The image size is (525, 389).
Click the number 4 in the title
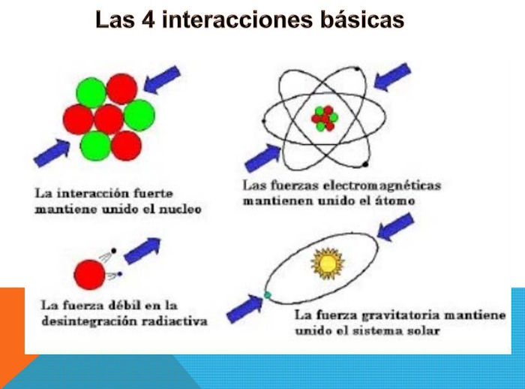pos(148,20)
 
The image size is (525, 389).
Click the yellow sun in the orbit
pos(328,264)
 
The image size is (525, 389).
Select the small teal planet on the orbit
pos(267,295)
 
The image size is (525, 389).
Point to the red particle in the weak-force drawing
pos(89,275)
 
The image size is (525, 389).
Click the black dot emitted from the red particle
pos(114,251)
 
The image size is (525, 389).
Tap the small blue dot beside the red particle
pos(119,274)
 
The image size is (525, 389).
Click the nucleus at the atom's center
pos(325,119)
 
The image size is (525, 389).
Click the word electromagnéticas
pos(382,185)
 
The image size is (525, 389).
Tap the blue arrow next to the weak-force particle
pos(142,251)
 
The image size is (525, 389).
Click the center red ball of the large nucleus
pos(109,119)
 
